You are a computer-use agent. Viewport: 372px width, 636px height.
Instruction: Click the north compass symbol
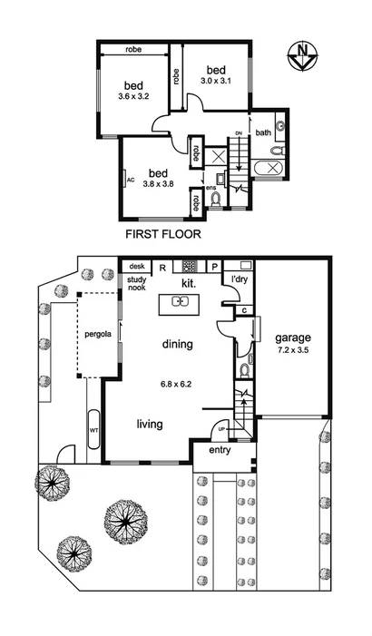tap(302, 55)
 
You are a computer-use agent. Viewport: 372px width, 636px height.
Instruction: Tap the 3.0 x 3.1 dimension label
tap(217, 82)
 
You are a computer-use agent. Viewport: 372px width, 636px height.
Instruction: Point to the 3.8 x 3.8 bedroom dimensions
tap(159, 184)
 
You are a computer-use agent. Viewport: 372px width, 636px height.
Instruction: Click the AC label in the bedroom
tap(131, 180)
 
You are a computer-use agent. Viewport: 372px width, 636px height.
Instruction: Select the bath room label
tap(263, 132)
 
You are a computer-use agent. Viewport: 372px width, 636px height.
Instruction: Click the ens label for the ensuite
tap(210, 188)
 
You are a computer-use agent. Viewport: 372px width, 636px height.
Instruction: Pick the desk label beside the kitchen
tap(137, 266)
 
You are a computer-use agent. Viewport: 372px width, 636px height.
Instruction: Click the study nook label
tap(136, 285)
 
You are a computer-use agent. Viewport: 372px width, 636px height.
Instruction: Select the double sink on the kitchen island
tap(179, 302)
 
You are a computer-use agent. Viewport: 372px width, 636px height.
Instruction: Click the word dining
tap(178, 344)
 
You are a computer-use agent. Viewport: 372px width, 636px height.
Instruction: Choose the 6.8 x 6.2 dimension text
tap(176, 384)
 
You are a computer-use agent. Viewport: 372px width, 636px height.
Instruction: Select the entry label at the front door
tap(220, 450)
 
